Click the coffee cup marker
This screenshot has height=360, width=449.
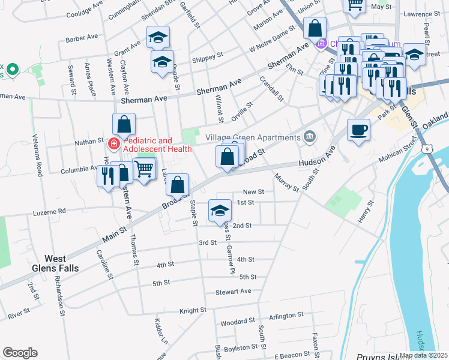(359, 130)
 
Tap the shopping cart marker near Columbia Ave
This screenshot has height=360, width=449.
(144, 170)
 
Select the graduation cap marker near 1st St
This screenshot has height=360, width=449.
(220, 211)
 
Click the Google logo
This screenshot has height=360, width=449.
(20, 353)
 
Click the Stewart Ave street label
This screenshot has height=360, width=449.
(234, 292)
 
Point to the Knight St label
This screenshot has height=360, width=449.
(193, 311)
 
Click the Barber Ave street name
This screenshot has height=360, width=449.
(82, 37)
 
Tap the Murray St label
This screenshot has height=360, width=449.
(286, 182)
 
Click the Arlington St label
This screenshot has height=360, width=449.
(286, 316)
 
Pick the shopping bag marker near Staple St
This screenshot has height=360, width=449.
(178, 185)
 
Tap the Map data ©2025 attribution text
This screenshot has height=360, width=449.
(424, 355)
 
